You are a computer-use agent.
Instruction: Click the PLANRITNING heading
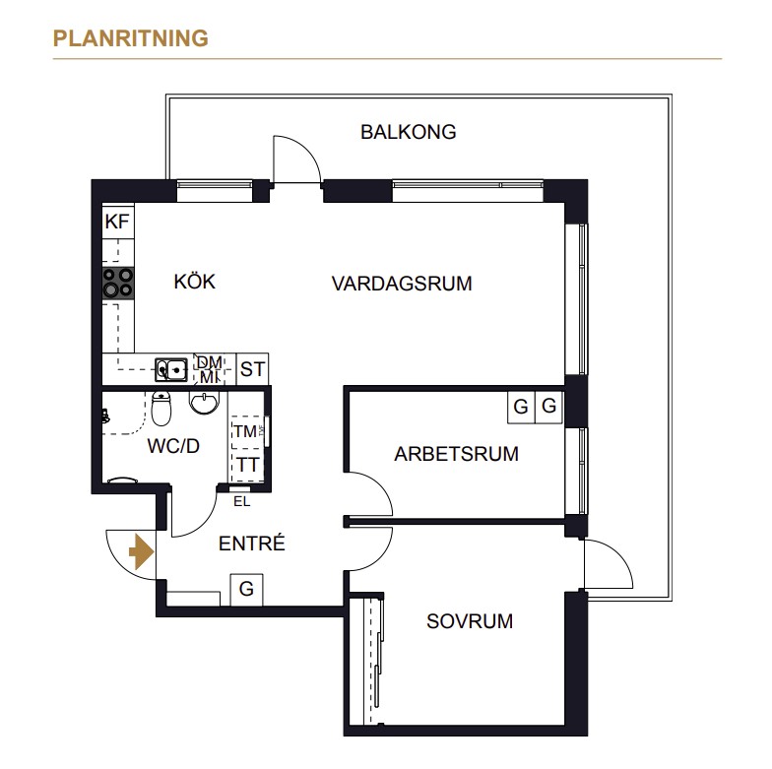click(x=130, y=38)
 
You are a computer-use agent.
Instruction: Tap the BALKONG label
click(x=408, y=132)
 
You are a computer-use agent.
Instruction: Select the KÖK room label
click(x=195, y=282)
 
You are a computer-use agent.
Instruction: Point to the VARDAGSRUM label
click(x=402, y=284)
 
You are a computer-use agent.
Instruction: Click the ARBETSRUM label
click(x=457, y=453)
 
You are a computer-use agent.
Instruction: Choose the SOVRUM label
click(x=470, y=621)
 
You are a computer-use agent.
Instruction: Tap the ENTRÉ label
click(x=252, y=544)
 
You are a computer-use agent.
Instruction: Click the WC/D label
click(x=173, y=446)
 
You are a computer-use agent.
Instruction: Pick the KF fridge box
click(x=118, y=222)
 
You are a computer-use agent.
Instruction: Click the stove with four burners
click(x=118, y=284)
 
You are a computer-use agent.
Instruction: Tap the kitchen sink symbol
click(x=171, y=369)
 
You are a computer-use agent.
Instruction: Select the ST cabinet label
click(x=252, y=369)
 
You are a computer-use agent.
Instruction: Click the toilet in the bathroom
click(x=161, y=408)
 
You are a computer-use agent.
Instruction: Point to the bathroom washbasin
click(x=204, y=402)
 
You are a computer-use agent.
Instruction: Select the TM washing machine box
click(x=248, y=431)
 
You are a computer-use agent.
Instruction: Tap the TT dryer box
click(x=248, y=465)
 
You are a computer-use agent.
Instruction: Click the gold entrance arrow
click(x=142, y=551)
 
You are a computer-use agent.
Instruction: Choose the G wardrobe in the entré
click(x=246, y=589)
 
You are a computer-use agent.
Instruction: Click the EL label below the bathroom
click(x=242, y=502)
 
